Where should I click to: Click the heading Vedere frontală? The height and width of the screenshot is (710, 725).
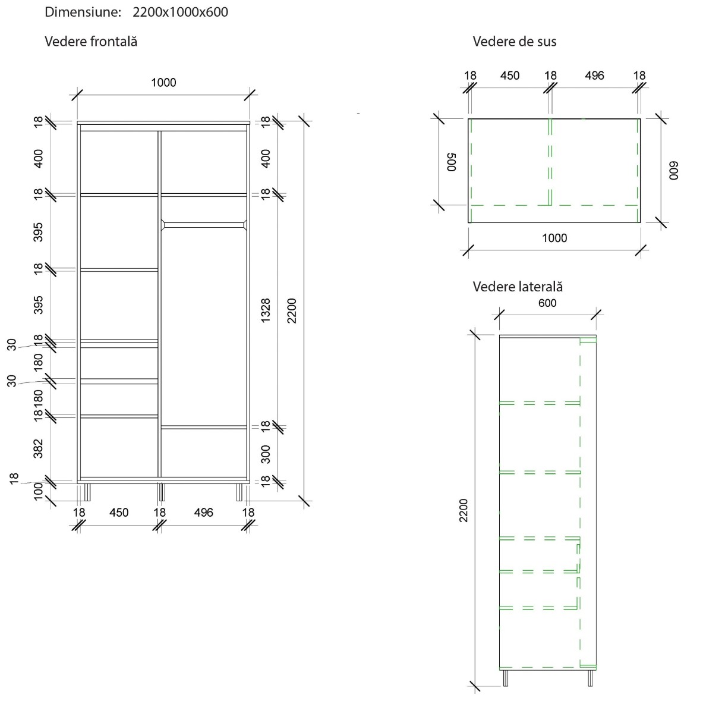pos(91,42)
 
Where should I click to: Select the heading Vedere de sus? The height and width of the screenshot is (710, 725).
pos(514,42)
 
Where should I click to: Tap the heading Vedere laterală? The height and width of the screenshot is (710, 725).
pos(518,287)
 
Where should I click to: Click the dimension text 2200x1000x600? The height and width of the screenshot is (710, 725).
pos(180,12)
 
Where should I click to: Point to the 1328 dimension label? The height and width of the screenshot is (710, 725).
pos(266,310)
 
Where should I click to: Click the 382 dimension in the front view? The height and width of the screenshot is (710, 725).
pos(38,448)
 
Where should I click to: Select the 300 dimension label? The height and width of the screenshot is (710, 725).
pos(266,454)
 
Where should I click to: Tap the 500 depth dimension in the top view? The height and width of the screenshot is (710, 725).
pos(451,162)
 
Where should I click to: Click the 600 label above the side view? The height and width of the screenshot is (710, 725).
pos(547,303)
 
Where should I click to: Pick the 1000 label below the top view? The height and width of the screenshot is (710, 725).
pos(554,238)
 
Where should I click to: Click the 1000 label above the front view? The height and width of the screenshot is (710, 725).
pos(163,83)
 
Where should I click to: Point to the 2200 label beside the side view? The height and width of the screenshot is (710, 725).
pos(464,510)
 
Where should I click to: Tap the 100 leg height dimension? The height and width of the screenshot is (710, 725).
pos(38,492)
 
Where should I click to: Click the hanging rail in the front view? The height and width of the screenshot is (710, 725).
pos(204,225)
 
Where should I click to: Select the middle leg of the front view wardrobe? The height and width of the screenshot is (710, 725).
pos(160,491)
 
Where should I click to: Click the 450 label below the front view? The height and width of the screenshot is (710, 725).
pos(119,513)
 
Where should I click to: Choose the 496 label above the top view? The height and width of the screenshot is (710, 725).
pos(594,76)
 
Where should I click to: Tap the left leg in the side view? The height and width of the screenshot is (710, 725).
pos(506,678)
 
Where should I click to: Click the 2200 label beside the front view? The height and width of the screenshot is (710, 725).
pos(291,310)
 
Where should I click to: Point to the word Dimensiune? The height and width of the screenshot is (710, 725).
pos(83,12)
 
